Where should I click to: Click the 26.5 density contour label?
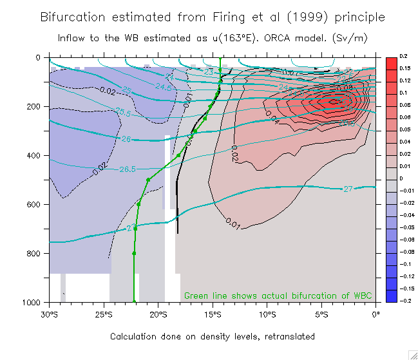tap(128, 169)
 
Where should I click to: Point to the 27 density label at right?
tap(347, 189)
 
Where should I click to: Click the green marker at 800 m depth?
tap(134, 253)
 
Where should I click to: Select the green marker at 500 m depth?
tap(148, 180)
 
